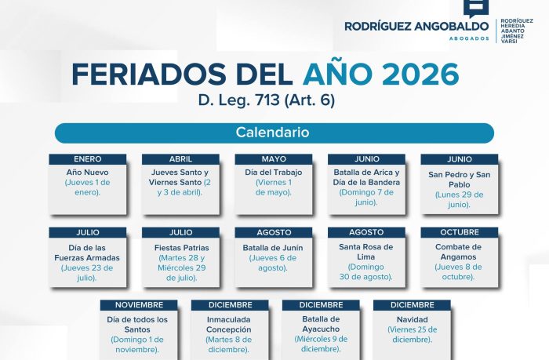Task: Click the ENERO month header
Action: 87,159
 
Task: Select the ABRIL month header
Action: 180,159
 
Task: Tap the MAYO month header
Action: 274,159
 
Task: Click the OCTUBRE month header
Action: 460,232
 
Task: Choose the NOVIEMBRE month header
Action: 139,304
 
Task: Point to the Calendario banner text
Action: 273,133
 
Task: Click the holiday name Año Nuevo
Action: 87,172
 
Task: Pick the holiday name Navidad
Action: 413,319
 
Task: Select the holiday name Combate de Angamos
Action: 460,252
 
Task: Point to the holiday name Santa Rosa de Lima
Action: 366,252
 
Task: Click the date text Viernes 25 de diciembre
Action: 413,334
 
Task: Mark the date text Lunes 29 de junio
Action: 460,199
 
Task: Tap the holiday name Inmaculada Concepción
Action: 229,325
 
